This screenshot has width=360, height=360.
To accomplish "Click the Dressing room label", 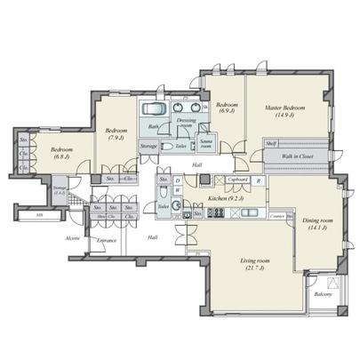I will click(x=186, y=121).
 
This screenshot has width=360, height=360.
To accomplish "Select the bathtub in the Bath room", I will click(x=152, y=109).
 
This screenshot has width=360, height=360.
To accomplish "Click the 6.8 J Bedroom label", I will click(x=62, y=152).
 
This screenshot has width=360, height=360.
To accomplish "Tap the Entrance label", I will click(x=107, y=240).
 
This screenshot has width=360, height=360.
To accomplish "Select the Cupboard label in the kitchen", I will click(x=236, y=180).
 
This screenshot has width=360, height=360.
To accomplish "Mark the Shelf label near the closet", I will click(x=271, y=143).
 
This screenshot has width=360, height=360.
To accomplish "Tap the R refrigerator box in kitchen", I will click(x=258, y=180).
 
